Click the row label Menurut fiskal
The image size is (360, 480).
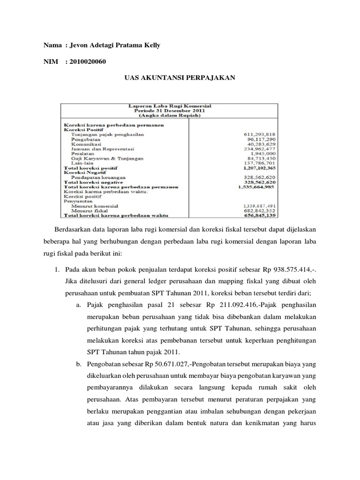[89, 211]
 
